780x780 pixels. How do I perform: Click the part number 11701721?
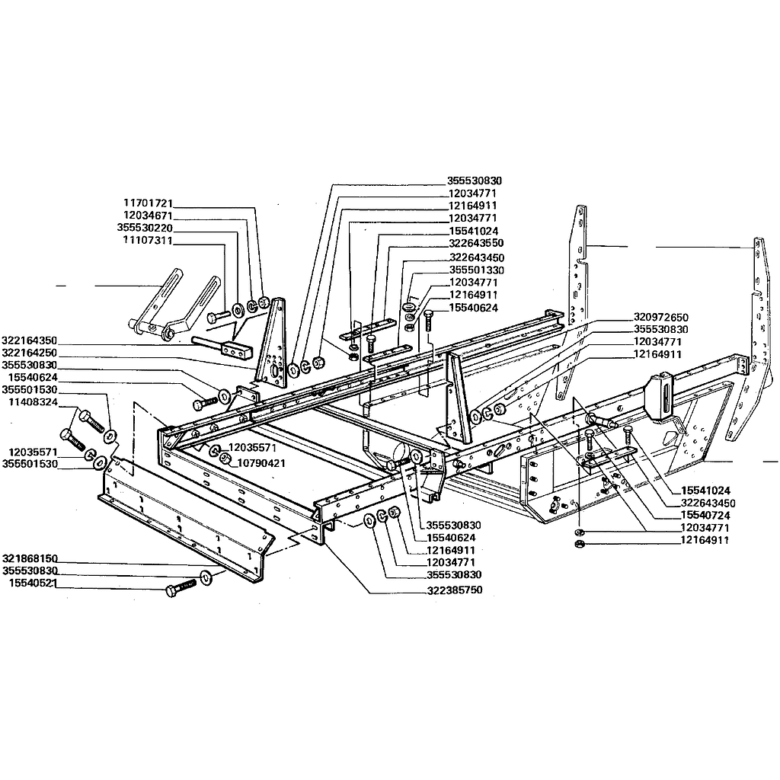point(148,203)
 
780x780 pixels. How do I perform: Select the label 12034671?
point(148,216)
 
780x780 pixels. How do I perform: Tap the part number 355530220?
point(145,229)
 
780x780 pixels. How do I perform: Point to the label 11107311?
point(148,241)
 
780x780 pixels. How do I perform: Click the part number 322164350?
point(30,340)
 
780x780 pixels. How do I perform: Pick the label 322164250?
point(30,353)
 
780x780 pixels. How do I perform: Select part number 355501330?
point(477,270)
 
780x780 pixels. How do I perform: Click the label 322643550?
point(476,243)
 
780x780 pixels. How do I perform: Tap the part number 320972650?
point(661,318)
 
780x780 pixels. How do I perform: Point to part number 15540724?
point(705,516)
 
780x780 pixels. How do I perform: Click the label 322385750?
point(454,590)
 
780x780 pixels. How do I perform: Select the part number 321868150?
point(30,558)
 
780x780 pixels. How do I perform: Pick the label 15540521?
point(33,583)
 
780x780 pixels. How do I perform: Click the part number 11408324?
point(33,402)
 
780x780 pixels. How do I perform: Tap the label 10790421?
point(262,464)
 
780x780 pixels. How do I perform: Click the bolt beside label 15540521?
point(181,587)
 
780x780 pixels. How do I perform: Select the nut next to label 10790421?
point(225,458)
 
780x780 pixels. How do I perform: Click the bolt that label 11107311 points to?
point(217,315)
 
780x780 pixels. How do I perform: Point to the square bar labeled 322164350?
point(222,347)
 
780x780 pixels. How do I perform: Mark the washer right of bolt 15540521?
point(206,579)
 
